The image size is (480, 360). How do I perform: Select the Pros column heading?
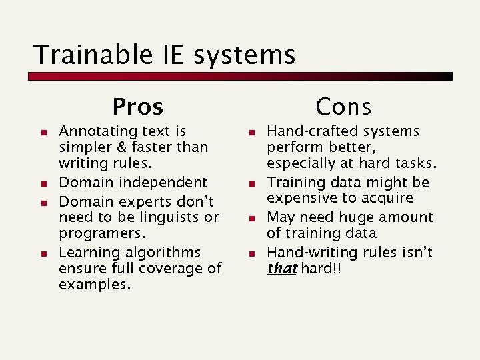[138, 106]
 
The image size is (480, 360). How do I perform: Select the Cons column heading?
[343, 106]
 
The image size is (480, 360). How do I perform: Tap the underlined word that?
[282, 269]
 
